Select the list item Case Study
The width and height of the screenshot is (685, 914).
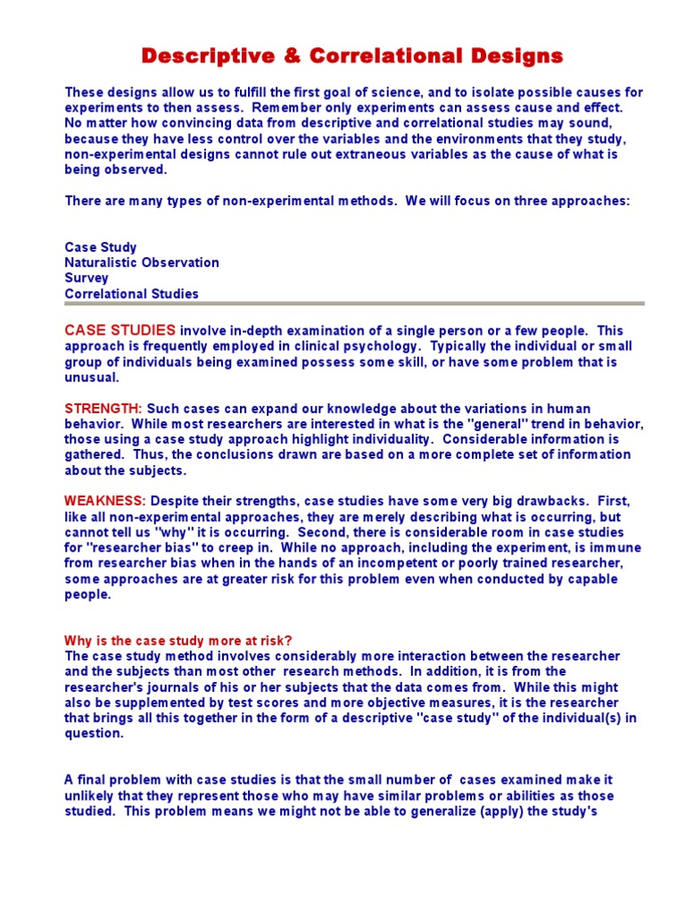[101, 247]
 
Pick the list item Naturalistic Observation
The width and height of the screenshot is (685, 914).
[142, 262]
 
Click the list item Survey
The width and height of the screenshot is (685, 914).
[87, 278]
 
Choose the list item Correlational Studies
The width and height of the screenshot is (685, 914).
[132, 294]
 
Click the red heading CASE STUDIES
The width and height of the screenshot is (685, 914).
[120, 330]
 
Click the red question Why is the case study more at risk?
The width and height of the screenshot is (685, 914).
[178, 640]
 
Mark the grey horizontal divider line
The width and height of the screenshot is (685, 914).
[354, 303]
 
